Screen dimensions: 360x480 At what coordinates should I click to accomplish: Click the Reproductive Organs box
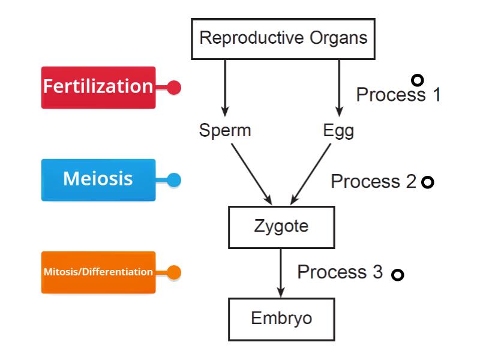[283, 38]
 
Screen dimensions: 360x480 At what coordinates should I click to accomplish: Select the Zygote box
[281, 226]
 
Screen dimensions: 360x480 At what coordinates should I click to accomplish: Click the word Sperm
[224, 130]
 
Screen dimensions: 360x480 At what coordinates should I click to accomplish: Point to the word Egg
[338, 130]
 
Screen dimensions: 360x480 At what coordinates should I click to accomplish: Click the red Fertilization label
[98, 87]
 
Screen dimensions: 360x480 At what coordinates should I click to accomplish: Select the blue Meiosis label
[98, 179]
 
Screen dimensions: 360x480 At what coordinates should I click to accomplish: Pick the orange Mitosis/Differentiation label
[98, 272]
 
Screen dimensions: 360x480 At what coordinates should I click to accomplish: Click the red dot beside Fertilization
[174, 88]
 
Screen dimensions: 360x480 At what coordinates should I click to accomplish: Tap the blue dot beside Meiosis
[174, 179]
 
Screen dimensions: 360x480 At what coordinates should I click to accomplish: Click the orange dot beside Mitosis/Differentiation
[174, 272]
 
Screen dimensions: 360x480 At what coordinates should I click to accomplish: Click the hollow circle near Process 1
[418, 80]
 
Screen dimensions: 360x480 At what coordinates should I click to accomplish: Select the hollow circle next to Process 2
[427, 182]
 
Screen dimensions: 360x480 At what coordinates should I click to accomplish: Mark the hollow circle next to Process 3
[397, 275]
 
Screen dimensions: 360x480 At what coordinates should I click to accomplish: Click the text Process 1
[398, 95]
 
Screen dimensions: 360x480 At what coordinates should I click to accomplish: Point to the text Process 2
[373, 181]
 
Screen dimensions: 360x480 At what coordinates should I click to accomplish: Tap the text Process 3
[340, 272]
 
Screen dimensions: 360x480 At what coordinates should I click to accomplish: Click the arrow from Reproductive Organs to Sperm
[225, 87]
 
